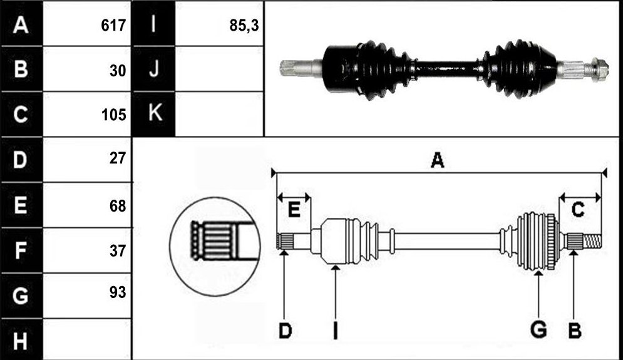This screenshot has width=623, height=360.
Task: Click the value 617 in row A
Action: point(113,26)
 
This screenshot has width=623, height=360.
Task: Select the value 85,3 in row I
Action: point(244,26)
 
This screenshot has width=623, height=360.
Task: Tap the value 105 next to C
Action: point(113,115)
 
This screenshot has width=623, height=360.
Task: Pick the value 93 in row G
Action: point(118,292)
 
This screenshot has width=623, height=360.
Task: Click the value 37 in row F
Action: point(118,250)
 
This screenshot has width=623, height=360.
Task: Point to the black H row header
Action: point(21,341)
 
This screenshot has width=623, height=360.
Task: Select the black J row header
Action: point(154,69)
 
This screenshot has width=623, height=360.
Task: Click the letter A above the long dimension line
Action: point(438,160)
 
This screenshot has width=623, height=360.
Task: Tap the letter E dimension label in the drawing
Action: point(294,209)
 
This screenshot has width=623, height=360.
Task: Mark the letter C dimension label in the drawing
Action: point(578,209)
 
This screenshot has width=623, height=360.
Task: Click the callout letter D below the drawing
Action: point(286,331)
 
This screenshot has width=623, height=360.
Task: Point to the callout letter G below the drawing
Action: point(538,330)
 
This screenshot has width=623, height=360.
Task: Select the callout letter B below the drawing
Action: point(575,331)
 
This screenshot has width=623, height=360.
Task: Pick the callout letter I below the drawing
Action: point(336,331)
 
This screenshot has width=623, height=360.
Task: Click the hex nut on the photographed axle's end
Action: point(600,69)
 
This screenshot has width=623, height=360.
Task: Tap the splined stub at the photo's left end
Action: point(296,68)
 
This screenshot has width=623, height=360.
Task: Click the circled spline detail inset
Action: point(215,246)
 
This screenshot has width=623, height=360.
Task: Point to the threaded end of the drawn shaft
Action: point(592,241)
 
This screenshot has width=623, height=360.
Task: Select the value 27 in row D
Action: point(118,158)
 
